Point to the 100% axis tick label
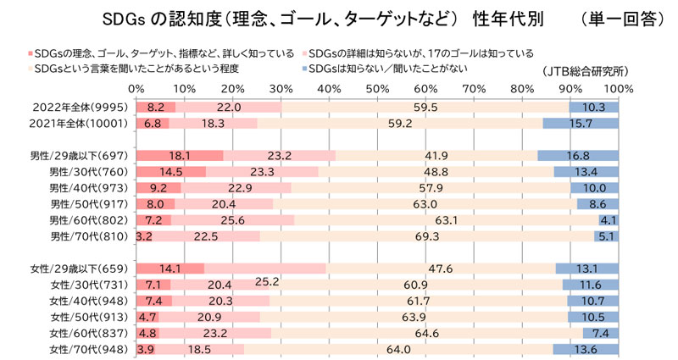pyautogui.click(x=620, y=88)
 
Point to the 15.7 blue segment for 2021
pyautogui.click(x=581, y=123)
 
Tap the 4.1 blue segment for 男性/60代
pyautogui.click(x=609, y=220)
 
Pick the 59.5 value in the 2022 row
pyautogui.click(x=425, y=108)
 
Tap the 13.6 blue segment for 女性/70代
pyautogui.click(x=586, y=349)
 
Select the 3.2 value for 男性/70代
pyautogui.click(x=143, y=236)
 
